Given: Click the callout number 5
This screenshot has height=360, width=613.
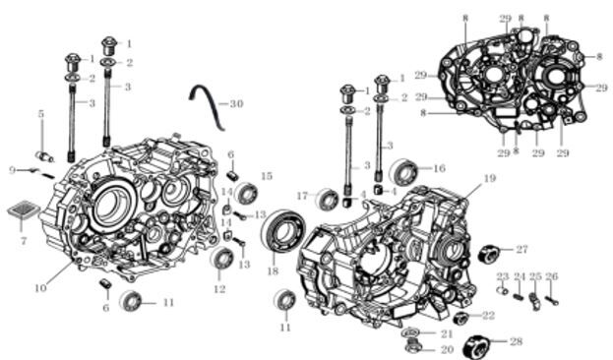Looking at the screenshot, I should coord(41,114).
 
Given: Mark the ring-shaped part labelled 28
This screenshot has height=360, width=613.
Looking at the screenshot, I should coord(486,344).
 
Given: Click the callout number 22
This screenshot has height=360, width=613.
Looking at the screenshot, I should coord(488,316).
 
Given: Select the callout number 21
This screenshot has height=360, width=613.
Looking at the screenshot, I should coord(446,334).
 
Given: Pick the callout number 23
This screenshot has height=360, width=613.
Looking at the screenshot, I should coord(502,276).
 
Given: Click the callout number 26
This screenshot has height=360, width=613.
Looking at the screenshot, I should coord(552,276).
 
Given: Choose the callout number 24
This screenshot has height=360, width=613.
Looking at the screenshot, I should coord(519,276).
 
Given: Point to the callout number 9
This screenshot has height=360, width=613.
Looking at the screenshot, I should coord(13,170).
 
